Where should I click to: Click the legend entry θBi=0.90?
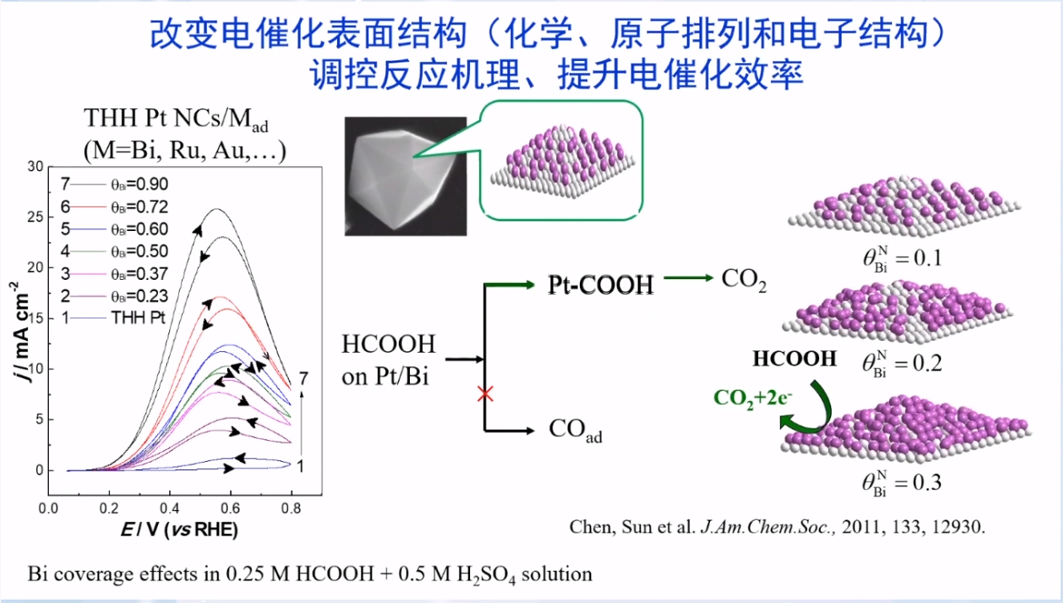(140, 184)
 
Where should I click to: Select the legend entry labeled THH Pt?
(139, 318)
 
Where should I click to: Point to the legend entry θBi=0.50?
(140, 251)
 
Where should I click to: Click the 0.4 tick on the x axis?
(169, 508)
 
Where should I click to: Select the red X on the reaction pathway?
(485, 393)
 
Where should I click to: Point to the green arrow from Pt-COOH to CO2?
(688, 279)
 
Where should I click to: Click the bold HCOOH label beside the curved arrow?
(794, 358)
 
